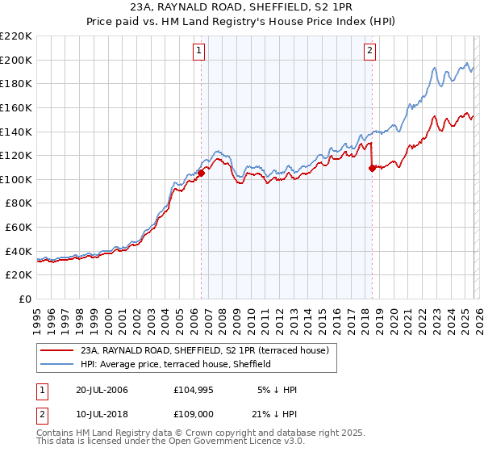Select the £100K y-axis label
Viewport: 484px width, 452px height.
coord(16,179)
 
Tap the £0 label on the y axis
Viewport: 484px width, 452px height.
coord(24,299)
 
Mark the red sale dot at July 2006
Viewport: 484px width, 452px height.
coord(201,173)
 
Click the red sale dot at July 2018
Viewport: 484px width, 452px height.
coord(371,169)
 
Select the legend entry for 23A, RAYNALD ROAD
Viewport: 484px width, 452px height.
coord(204,351)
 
